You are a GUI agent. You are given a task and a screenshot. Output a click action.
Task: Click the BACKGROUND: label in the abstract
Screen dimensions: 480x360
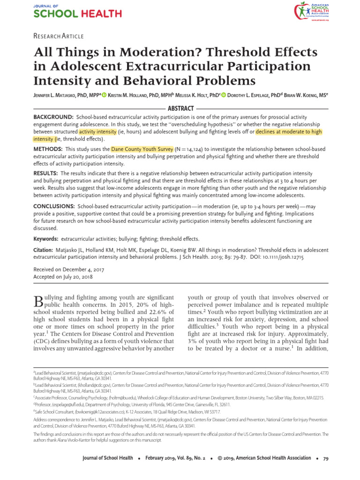tap(53, 117)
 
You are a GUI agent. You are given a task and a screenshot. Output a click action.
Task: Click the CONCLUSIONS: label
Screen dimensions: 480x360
tap(54, 206)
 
